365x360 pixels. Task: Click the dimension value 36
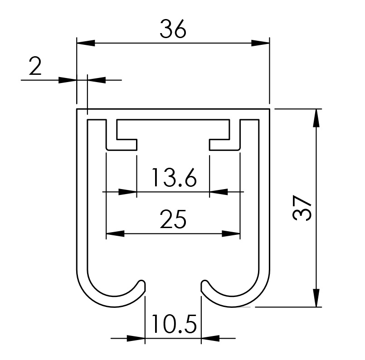click(173, 30)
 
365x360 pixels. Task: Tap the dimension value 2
click(35, 67)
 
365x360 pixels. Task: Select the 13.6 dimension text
click(174, 178)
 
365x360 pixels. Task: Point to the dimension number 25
click(173, 220)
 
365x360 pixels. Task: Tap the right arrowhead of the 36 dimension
click(260, 43)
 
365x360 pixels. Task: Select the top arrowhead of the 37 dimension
click(316, 118)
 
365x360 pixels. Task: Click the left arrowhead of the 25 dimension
click(115, 234)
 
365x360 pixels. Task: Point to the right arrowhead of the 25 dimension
click(230, 234)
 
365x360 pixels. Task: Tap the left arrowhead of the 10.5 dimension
click(136, 338)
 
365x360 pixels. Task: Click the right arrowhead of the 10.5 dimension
click(210, 338)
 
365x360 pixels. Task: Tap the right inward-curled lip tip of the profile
click(204, 285)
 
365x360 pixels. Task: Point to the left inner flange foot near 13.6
click(122, 145)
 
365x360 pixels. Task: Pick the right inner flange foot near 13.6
click(224, 145)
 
